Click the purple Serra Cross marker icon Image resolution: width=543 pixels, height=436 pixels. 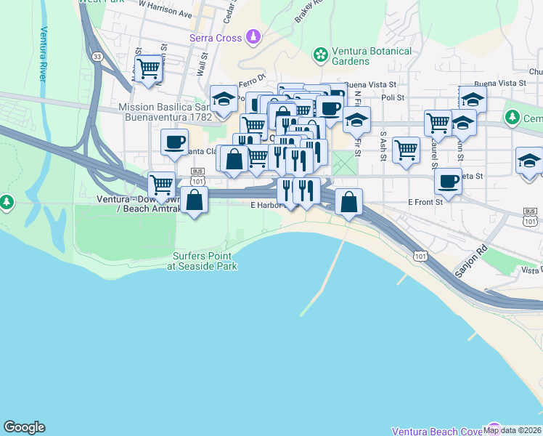(x=253, y=35)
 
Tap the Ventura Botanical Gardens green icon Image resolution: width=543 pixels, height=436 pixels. (x=319, y=54)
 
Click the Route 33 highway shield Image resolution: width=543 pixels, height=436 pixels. (x=98, y=56)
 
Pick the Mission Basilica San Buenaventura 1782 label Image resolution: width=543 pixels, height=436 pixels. (x=165, y=111)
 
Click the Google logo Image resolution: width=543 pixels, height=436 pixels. (x=24, y=427)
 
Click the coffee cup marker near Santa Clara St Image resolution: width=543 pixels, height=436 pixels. (x=174, y=142)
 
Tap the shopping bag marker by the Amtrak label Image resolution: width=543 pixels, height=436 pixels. (x=195, y=199)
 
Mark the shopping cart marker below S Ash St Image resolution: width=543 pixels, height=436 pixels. (x=407, y=150)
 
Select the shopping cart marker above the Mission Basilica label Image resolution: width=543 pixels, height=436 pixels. (x=148, y=69)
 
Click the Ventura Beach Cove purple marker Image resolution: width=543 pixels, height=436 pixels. (x=494, y=429)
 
